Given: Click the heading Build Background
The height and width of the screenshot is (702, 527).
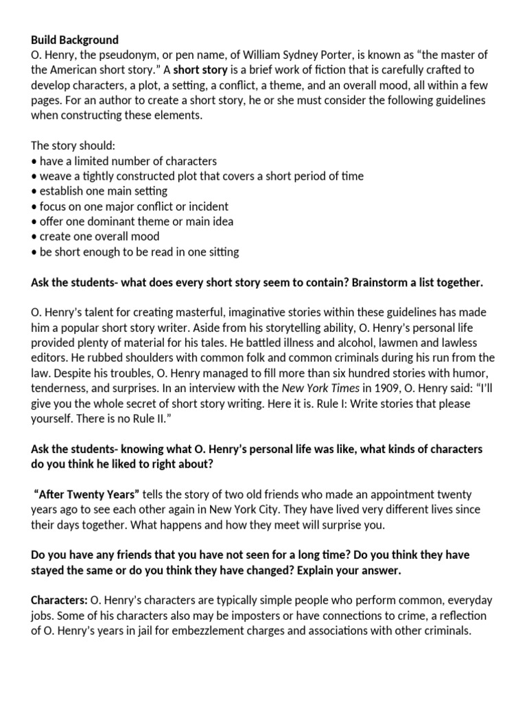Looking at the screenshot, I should [75, 40].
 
